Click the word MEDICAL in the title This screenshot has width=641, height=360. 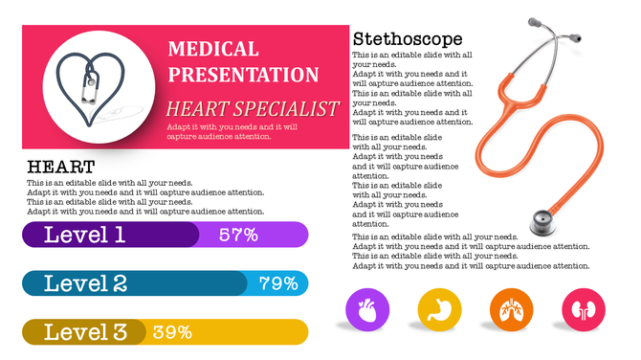point(212,49)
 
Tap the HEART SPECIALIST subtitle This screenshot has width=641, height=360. point(252,107)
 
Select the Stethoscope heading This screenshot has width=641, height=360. point(408,39)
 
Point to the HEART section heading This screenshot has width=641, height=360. point(60,167)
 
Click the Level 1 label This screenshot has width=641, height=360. point(84,235)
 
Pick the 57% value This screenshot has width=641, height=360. point(238,235)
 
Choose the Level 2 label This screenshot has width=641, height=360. point(85,283)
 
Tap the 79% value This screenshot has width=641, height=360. point(278,283)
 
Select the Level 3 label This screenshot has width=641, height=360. point(85,332)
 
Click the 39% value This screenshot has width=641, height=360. point(172,332)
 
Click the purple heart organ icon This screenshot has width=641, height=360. point(366,310)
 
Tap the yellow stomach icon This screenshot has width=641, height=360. point(439,310)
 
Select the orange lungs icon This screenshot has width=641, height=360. point(511,310)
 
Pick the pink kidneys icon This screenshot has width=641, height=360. point(584,310)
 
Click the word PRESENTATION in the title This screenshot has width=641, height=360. point(243,75)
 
